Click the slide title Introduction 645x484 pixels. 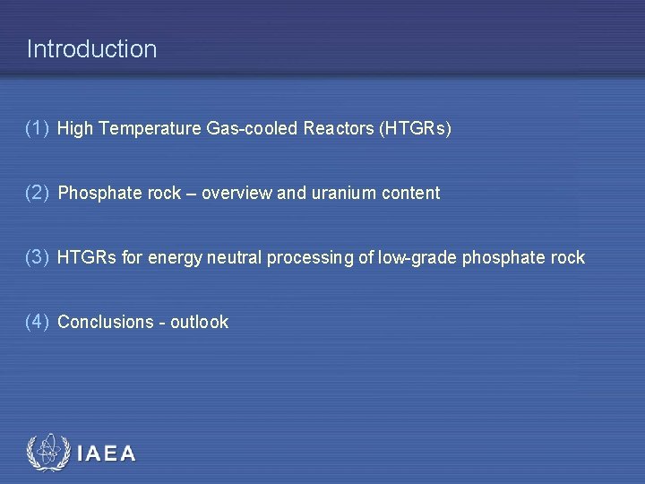click(x=91, y=48)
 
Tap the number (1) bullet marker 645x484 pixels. click(x=38, y=128)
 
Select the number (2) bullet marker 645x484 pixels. click(x=38, y=193)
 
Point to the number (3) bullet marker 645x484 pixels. click(x=38, y=257)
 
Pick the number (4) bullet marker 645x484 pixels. click(x=38, y=322)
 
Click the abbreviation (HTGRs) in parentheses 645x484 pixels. click(x=416, y=129)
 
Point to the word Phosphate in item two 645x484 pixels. click(x=92, y=194)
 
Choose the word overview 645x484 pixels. click(x=236, y=194)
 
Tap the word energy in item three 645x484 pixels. click(x=176, y=258)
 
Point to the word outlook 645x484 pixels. click(x=199, y=323)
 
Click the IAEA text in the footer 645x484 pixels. click(x=107, y=454)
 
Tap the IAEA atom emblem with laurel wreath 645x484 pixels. click(x=47, y=453)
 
